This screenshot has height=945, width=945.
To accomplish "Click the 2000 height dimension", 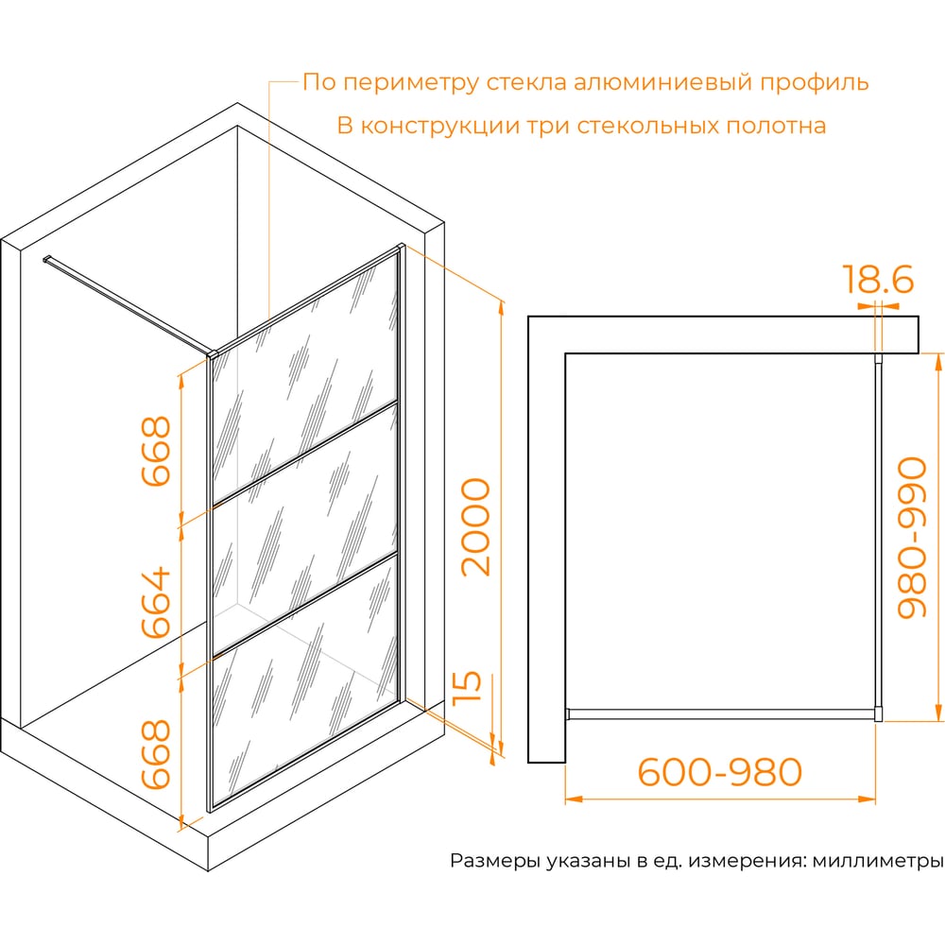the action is click(476, 527).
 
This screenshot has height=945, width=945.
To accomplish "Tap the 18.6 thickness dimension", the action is click(878, 279).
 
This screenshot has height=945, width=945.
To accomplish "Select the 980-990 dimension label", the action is click(912, 538).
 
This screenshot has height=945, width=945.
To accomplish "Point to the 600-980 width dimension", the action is click(719, 772).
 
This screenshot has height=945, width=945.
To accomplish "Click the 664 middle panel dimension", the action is click(157, 602).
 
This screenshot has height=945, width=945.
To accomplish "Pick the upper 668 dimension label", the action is click(157, 451).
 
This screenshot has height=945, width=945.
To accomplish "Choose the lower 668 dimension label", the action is click(157, 754).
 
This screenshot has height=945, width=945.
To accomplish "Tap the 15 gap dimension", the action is click(468, 687).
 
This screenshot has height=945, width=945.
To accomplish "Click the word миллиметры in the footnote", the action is click(878, 861).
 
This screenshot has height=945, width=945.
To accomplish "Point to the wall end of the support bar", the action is click(47, 260).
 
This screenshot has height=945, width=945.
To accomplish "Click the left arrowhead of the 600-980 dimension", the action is click(574, 799).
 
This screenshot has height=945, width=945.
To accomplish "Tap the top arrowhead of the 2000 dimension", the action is click(500, 308).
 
